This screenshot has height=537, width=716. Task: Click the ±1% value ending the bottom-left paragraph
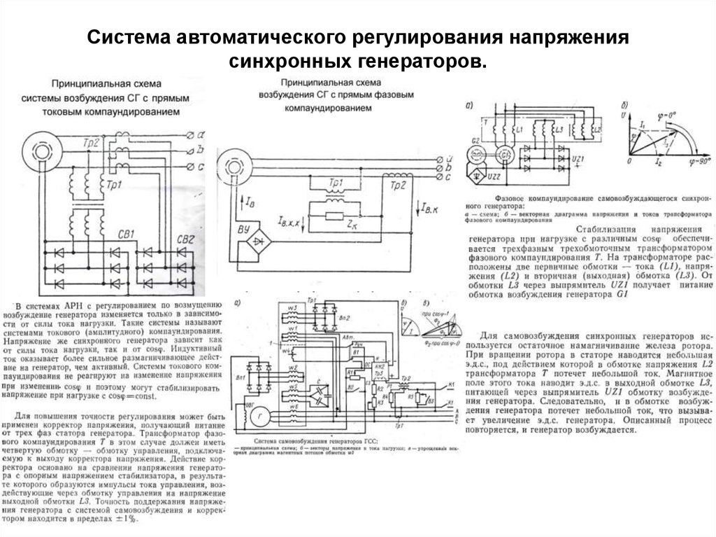tap(125, 520)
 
